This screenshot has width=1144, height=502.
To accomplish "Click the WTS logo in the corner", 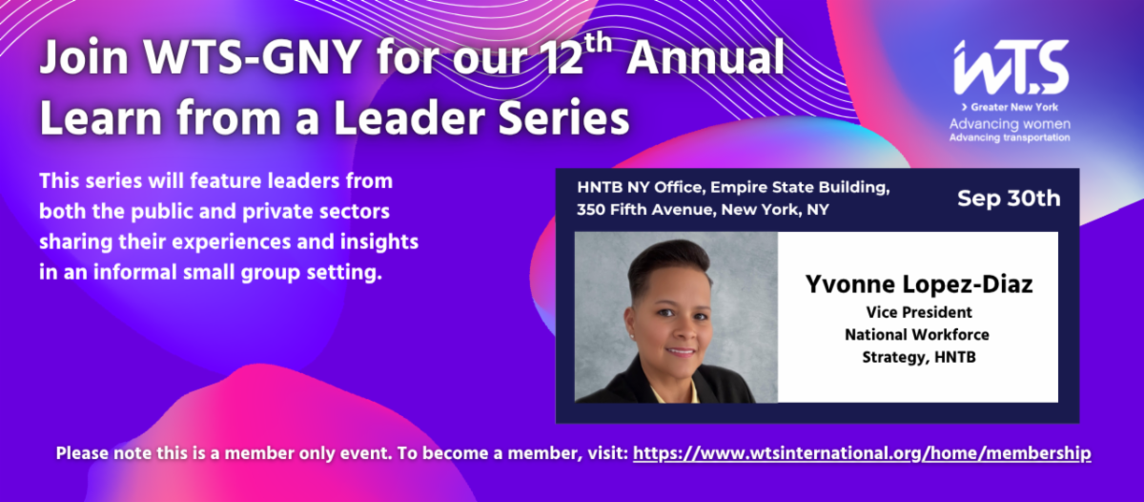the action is (1011, 67).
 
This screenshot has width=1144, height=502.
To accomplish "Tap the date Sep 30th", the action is (1009, 199).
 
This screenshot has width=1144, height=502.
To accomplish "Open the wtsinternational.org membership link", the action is (862, 453).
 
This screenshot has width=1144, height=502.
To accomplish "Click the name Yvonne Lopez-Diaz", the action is (919, 284).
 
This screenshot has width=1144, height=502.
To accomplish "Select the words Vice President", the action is (919, 312).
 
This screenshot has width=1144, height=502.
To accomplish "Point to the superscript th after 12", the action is (598, 45).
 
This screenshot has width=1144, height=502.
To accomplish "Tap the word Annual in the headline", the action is (705, 57).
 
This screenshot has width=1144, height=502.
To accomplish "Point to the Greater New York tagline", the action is (1010, 107).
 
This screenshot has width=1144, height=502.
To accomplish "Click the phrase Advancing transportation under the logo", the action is (1010, 137).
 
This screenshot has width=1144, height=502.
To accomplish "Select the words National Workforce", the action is (917, 335).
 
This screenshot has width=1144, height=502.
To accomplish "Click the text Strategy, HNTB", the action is (919, 357).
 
